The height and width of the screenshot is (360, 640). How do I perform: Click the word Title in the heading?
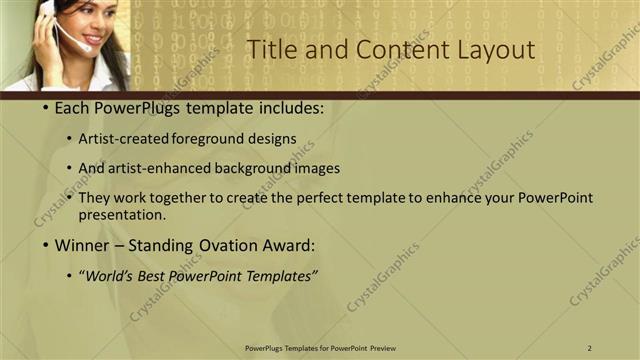pyautogui.click(x=269, y=50)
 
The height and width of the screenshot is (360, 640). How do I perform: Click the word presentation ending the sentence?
pyautogui.click(x=121, y=214)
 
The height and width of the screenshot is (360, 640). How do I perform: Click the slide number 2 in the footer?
pyautogui.click(x=590, y=347)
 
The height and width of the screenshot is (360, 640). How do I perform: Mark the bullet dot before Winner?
pyautogui.click(x=46, y=245)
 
